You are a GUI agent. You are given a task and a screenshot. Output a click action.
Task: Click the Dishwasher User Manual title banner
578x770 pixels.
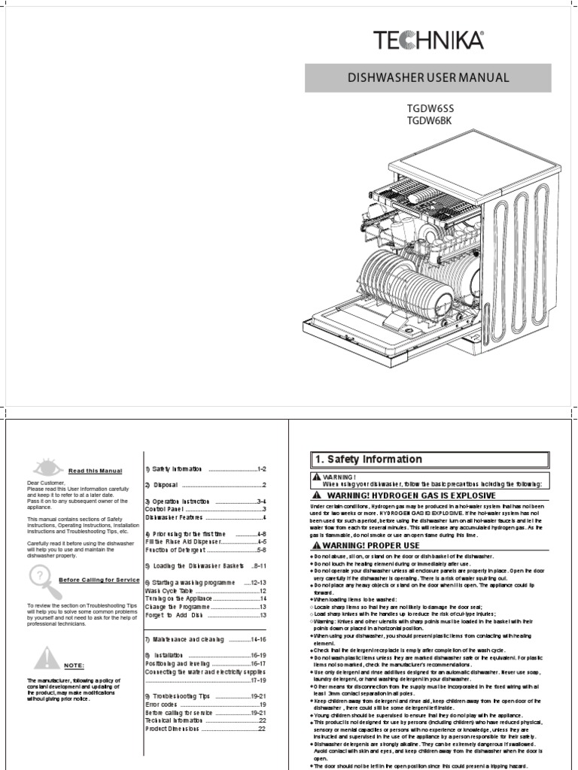(427, 78)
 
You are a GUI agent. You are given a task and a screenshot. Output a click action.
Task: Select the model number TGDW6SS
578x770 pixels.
(430, 108)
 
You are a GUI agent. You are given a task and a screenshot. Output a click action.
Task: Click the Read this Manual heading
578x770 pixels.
(95, 471)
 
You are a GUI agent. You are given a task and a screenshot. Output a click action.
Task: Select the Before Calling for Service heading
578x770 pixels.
(99, 580)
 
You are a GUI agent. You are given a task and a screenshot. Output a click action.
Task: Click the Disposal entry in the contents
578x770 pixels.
(206, 485)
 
